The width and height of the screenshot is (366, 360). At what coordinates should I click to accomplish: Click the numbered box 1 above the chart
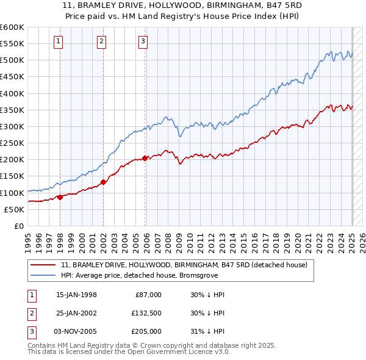58,41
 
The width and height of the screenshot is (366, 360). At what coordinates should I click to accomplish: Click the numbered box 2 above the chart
101,41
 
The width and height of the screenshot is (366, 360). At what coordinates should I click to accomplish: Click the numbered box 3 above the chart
143,41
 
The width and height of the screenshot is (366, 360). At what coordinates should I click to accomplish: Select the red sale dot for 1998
60,197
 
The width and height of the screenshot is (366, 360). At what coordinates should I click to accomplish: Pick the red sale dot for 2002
104,181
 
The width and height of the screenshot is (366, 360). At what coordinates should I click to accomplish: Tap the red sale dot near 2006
145,158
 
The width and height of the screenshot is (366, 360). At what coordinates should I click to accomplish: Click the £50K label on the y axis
15,209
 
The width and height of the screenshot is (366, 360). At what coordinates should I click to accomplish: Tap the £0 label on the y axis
19,226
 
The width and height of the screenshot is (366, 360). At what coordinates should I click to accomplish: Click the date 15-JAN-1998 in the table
76,295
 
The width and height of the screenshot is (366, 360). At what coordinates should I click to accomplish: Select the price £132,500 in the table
146,313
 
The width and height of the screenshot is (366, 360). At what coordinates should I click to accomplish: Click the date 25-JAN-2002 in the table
76,313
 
